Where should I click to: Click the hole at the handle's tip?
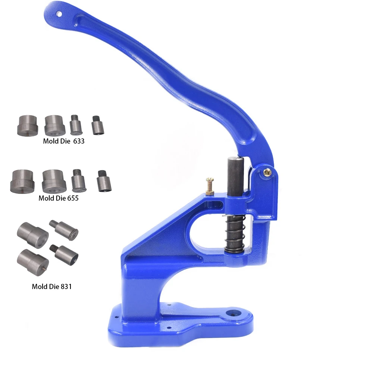pos(59,14)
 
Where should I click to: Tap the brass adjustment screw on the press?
pos(210,186)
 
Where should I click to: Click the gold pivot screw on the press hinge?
pos(268,171)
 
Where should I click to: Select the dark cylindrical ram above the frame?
pos(235,176)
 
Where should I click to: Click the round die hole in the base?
pos(233,314)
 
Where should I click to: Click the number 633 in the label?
pos(79,141)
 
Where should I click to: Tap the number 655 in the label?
pos(73,198)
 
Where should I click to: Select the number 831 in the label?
pos(66,286)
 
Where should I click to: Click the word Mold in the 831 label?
pos(39,286)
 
